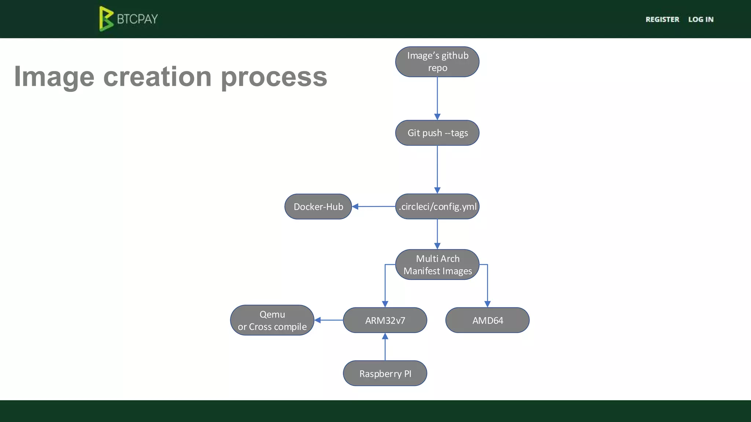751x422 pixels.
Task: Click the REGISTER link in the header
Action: (662, 19)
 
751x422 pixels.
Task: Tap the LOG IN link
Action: (701, 19)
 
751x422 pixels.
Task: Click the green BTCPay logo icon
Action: (106, 19)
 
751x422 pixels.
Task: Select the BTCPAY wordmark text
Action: (138, 19)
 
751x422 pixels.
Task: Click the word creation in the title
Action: (157, 77)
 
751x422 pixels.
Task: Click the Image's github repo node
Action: (437, 62)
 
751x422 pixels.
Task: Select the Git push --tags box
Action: (437, 133)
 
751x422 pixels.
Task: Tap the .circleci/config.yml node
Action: (437, 207)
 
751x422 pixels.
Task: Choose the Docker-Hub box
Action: (318, 207)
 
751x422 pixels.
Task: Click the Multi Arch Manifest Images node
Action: (437, 264)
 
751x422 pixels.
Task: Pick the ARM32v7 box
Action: (385, 320)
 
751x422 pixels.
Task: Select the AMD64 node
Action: (487, 320)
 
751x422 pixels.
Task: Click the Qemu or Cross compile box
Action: (272, 320)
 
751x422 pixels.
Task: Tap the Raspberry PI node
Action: (385, 373)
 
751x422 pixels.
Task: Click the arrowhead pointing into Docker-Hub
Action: (355, 207)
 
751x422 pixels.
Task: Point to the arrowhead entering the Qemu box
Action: (318, 320)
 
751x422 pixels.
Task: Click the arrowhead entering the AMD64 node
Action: (487, 304)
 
